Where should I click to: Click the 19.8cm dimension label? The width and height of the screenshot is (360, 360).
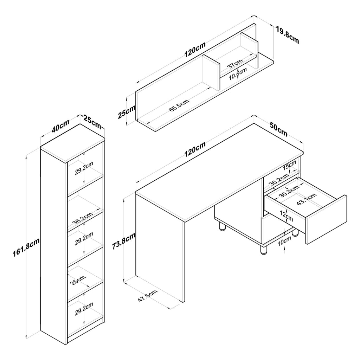(288, 35)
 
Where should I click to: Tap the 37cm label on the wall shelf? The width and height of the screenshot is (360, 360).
(235, 64)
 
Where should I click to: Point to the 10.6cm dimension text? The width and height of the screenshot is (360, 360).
(238, 74)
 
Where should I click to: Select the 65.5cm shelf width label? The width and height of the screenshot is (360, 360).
(179, 105)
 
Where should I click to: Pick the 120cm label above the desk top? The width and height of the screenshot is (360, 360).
(195, 149)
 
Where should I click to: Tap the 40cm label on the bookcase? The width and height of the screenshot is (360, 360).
(60, 126)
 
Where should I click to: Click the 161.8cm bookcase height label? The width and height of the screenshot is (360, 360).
(26, 247)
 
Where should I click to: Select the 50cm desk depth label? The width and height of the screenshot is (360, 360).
(278, 129)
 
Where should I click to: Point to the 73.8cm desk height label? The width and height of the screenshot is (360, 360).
(123, 241)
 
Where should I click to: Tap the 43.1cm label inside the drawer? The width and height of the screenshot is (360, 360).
(307, 199)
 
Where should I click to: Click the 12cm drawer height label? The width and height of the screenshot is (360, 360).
(286, 216)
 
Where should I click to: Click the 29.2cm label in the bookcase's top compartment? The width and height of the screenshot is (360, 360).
(84, 168)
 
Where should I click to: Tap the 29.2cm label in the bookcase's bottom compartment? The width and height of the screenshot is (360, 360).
(84, 309)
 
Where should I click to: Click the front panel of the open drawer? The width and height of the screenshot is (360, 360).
(326, 220)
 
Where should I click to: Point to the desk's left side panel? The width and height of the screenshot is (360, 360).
(160, 248)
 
